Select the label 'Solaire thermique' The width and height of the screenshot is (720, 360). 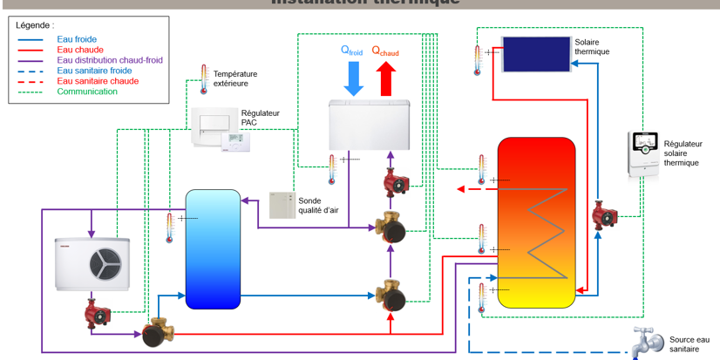pyautogui.click(x=593, y=46)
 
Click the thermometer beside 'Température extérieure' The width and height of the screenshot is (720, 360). pyautogui.click(x=204, y=78)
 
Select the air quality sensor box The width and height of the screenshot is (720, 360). pyautogui.click(x=282, y=205)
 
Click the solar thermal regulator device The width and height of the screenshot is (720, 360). pyautogui.click(x=647, y=154)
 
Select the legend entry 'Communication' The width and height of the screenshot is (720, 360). pyautogui.click(x=86, y=92)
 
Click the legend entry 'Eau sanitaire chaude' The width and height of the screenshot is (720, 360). pyautogui.click(x=97, y=81)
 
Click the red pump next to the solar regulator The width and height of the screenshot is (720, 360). pyautogui.click(x=602, y=215)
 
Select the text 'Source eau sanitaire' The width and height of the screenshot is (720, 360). pyautogui.click(x=689, y=344)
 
